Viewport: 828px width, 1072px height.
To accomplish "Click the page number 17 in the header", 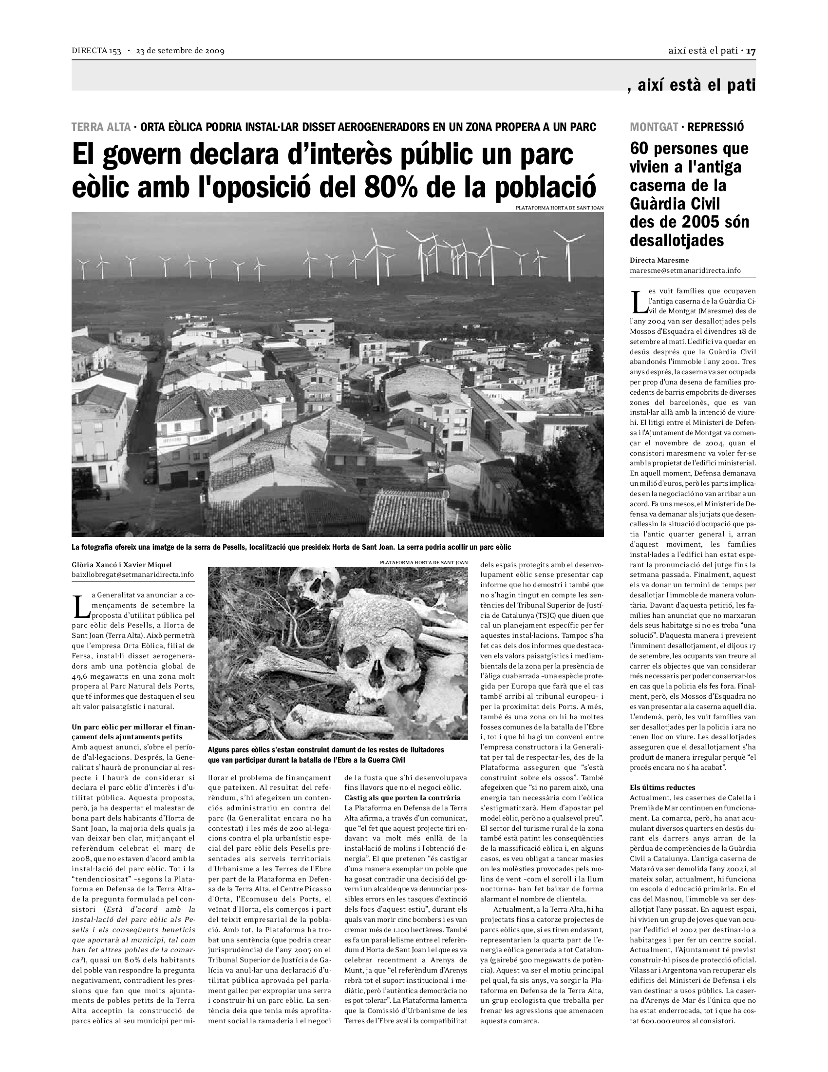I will (751, 51).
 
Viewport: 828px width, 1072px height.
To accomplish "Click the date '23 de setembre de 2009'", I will (180, 51).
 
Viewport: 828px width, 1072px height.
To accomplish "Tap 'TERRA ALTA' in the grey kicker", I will (101, 127).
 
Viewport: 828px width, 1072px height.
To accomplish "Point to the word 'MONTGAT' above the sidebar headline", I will (653, 127).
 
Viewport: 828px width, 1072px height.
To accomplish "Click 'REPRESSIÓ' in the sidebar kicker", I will (715, 127).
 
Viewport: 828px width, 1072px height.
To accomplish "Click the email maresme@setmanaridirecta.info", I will (685, 270).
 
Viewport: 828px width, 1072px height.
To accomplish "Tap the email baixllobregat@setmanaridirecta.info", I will (132, 574).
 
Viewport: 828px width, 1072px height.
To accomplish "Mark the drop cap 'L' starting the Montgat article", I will (637, 302).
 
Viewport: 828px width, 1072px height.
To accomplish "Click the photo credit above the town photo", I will (559, 208).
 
